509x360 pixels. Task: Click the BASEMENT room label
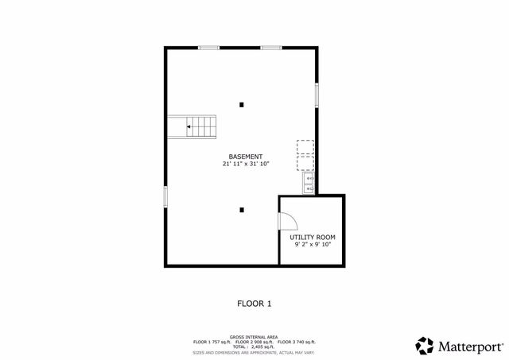(245, 157)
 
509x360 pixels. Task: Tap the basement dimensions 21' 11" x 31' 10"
(245, 165)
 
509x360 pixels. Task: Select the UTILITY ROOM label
(312, 237)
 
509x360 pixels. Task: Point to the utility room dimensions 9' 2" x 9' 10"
(312, 245)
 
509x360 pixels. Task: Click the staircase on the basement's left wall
(192, 126)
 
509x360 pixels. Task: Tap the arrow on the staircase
(189, 126)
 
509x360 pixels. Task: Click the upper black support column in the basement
(242, 103)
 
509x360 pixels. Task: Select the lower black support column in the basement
(242, 210)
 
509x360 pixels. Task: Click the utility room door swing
(288, 219)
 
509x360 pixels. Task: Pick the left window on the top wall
(208, 48)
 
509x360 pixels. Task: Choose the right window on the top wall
(271, 48)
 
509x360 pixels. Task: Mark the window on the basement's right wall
(317, 95)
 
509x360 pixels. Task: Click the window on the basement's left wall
(165, 196)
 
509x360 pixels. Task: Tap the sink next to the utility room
(309, 184)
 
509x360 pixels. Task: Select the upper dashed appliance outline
(305, 147)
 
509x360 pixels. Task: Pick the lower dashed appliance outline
(305, 163)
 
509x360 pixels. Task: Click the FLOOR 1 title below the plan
(254, 303)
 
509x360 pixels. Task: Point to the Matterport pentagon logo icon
(425, 346)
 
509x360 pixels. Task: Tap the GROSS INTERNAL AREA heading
(254, 337)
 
